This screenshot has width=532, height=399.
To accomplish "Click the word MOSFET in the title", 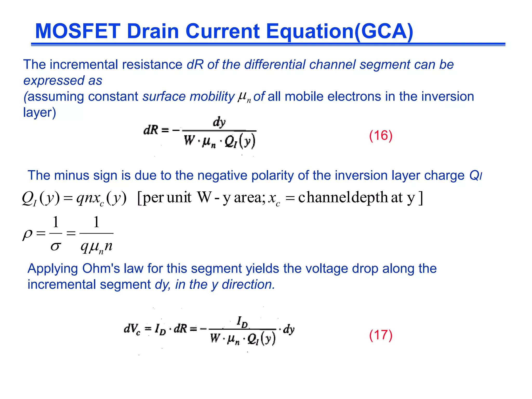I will pos(78,31).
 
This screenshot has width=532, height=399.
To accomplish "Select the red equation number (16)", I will pos(381,135).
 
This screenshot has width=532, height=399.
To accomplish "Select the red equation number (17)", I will pos(381,335).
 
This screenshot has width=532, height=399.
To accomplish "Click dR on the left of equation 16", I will pos(151,130).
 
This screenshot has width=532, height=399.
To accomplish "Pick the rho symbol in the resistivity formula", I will pos(28,234).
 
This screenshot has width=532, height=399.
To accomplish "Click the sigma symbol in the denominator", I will pos(56,246).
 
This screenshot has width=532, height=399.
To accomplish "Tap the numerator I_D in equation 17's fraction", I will pos(242,322).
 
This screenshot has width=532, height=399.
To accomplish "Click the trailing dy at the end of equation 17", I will pos(289,329).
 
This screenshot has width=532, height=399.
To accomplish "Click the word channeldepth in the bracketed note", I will pos(343,197).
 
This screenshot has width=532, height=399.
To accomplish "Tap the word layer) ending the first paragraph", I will pos(39,112).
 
